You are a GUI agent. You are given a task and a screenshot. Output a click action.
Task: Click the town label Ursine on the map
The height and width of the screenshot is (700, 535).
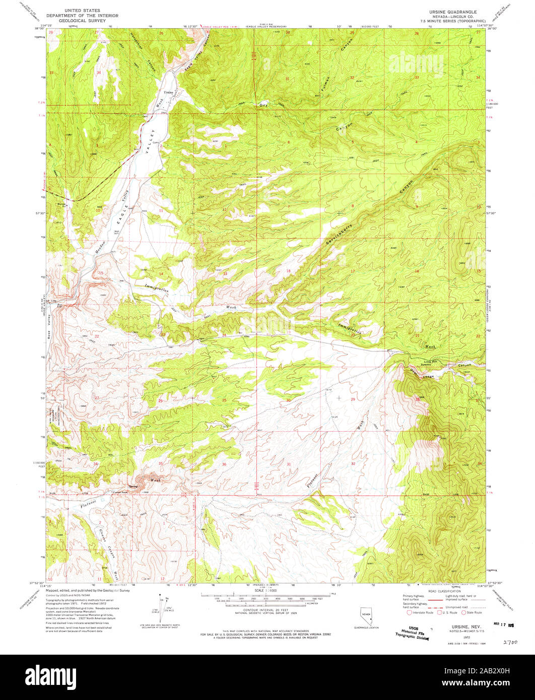tap(168, 93)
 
